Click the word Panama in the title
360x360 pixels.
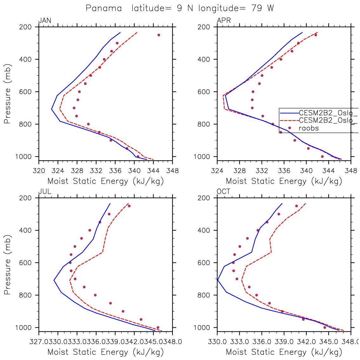[104, 8]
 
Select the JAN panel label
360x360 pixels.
[45, 21]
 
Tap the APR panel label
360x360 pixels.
[224, 21]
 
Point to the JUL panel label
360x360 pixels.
[45, 192]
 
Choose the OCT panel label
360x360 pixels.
[224, 192]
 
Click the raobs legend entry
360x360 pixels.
[309, 128]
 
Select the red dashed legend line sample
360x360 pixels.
[289, 120]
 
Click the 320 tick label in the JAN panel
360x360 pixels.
[39, 171]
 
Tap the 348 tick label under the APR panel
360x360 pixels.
[351, 171]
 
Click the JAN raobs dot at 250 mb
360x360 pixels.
[159, 35]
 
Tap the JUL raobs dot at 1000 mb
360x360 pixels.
[158, 327]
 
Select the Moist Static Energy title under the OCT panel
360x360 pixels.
[284, 352]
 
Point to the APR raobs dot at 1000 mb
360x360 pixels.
[322, 156]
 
